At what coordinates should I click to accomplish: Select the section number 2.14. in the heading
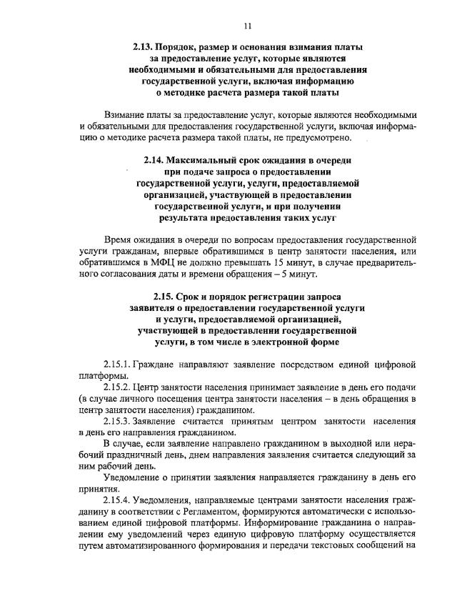coord(156,162)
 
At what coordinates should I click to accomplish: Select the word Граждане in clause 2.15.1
coord(157,364)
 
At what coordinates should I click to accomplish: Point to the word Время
coord(120,241)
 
